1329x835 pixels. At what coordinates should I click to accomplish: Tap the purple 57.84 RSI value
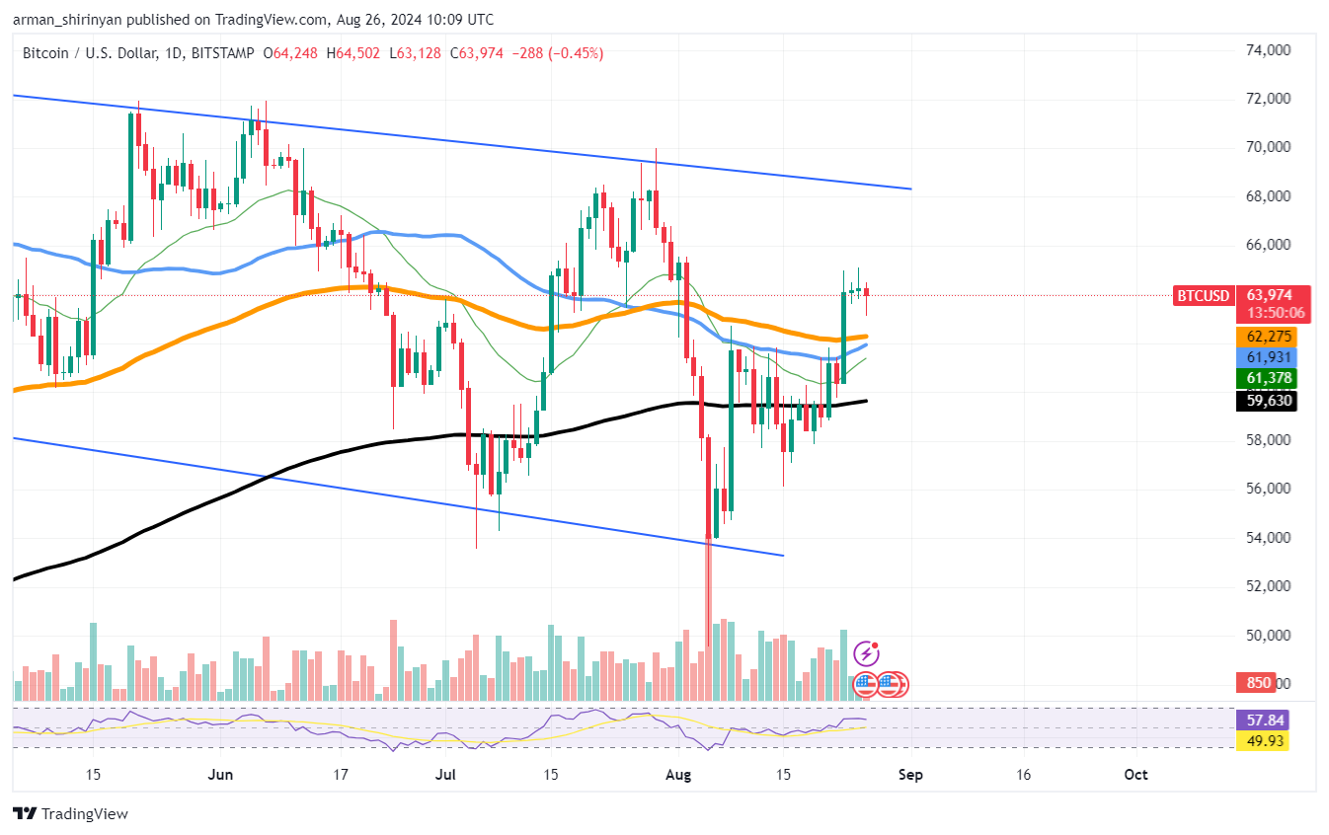1261,721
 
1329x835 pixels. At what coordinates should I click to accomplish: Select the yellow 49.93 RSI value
1261,740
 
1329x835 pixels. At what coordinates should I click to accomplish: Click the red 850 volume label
1258,683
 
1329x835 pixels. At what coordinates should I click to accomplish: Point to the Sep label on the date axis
910,775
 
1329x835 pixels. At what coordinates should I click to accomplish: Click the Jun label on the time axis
220,775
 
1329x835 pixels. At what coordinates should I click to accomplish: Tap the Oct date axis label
1135,775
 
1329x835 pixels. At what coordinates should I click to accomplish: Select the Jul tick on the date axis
445,775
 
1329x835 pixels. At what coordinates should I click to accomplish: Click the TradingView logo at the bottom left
70,814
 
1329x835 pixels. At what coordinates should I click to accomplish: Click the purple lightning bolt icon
866,653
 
